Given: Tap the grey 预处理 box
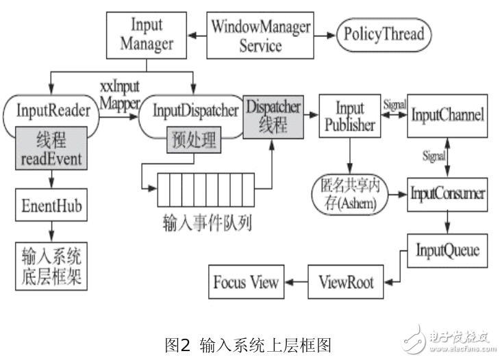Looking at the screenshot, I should (x=192, y=141).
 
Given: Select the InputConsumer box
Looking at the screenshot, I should (x=448, y=193).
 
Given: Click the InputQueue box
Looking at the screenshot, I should (x=448, y=250).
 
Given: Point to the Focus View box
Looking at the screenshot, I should (x=247, y=282).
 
